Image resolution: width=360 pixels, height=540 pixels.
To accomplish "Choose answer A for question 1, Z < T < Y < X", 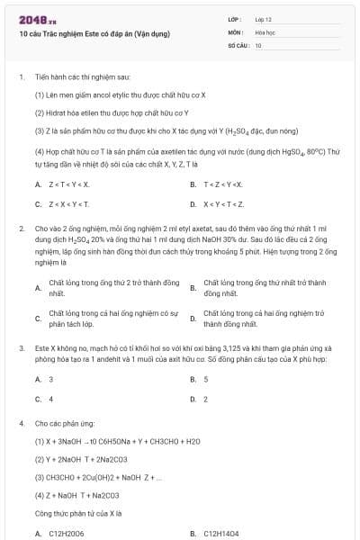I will (x=70, y=184).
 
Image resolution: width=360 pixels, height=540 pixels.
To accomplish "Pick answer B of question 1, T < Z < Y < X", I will (x=223, y=184).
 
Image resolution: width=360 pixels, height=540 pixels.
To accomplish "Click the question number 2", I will (x=21, y=229).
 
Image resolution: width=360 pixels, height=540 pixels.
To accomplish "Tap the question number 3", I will (x=21, y=346).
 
